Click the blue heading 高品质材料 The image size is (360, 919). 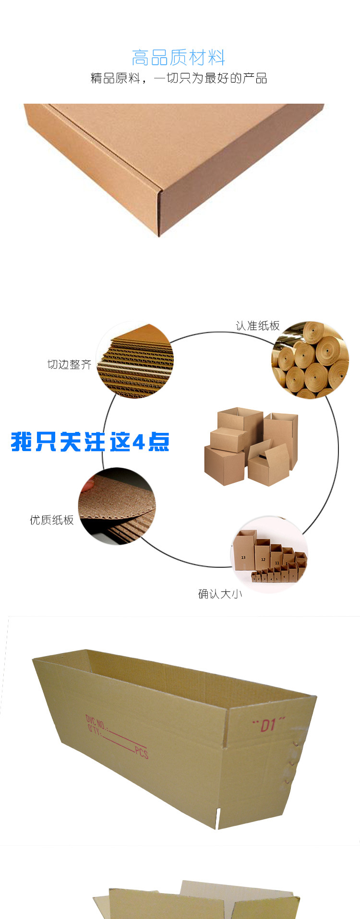(179, 58)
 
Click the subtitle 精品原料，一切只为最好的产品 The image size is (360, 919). (179, 78)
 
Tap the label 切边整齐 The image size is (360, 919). (69, 364)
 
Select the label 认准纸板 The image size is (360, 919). (257, 326)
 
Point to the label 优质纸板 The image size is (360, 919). (52, 520)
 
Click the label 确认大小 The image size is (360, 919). (220, 594)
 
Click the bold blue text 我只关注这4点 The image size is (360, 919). (90, 442)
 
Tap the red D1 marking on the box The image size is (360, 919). (268, 724)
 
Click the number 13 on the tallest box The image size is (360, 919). (243, 557)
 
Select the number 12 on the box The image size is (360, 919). (263, 559)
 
